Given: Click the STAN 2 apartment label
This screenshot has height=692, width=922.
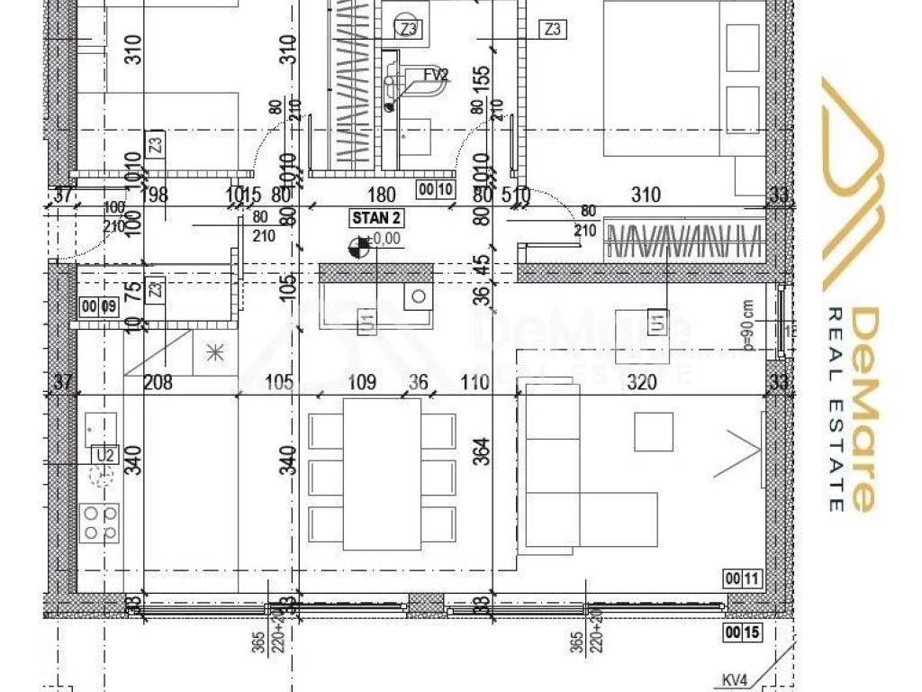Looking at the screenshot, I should tap(376, 218).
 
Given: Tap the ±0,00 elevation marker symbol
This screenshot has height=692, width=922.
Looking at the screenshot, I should tap(363, 244).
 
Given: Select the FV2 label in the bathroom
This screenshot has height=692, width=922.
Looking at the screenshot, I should tap(436, 75).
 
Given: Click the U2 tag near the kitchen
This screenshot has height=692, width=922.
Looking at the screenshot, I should tap(104, 456).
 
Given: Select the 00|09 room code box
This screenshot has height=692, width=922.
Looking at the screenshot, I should tap(99, 306).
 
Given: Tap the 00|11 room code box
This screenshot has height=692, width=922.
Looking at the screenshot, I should tap(742, 578).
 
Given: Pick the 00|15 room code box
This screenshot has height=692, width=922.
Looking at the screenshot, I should tap(742, 633).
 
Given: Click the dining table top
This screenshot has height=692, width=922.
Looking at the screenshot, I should tap(383, 473).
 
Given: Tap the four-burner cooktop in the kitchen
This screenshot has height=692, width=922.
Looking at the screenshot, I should tap(101, 522).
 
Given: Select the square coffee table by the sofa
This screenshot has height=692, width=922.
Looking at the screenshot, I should tap(654, 431).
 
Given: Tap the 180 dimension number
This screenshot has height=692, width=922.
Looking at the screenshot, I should tap(383, 194).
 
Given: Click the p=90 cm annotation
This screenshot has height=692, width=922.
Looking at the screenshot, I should tap(747, 324).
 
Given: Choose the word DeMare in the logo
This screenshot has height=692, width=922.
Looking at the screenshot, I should tap(863, 410).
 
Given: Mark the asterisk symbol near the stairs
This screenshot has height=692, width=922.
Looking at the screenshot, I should tap(215, 351).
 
